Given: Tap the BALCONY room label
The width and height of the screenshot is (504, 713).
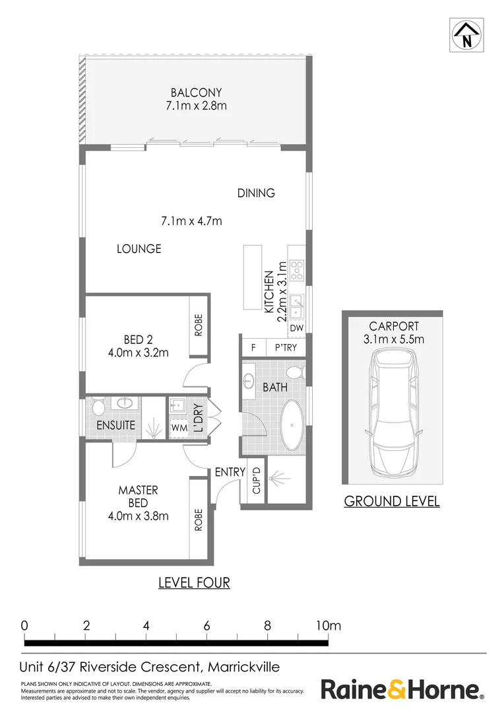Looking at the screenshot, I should tap(196, 93).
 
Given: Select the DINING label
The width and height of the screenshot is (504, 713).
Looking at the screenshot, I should tap(256, 193).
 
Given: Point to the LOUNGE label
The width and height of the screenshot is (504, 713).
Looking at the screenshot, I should tap(139, 249).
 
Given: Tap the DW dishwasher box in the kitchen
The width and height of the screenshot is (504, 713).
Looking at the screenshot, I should tap(297, 327).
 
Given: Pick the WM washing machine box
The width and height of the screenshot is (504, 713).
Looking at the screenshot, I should tap(179, 428).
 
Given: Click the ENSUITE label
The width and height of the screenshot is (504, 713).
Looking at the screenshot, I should tap(115, 425).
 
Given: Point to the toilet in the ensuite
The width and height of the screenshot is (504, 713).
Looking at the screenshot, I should tap(98, 404).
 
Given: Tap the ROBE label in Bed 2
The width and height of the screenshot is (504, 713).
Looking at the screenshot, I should tap(199, 325).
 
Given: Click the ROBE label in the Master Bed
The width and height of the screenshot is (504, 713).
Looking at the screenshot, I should tap(199, 519).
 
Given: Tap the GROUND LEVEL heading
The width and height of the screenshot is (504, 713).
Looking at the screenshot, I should tap(392, 501).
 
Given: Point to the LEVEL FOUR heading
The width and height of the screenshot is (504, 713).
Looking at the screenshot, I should tap(194, 582).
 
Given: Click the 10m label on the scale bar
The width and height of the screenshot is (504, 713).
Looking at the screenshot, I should tap(329, 625).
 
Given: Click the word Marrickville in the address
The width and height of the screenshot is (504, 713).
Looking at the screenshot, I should tap(243, 667).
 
